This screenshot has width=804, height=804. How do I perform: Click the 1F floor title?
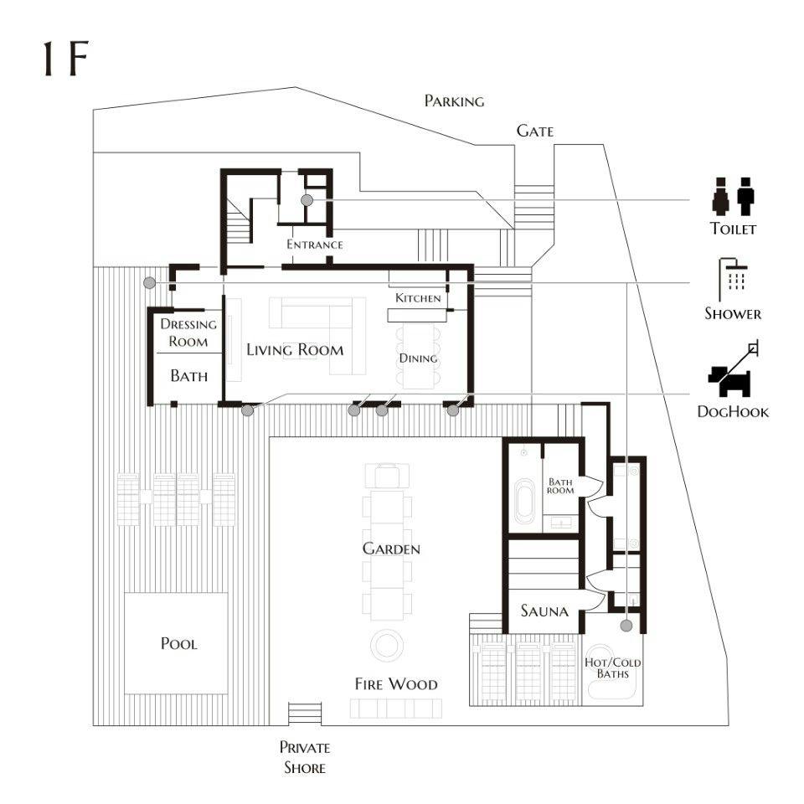click(65, 59)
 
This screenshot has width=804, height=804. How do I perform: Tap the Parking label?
click(454, 101)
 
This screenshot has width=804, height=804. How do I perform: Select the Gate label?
click(535, 131)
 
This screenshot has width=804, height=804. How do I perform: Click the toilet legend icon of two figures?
click(734, 196)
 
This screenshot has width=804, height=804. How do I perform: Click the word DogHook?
click(734, 412)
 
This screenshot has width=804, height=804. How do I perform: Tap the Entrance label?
click(315, 245)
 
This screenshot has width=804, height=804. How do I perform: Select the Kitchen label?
click(418, 298)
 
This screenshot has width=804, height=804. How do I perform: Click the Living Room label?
click(295, 350)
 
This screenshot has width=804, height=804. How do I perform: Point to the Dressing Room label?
click(188, 332)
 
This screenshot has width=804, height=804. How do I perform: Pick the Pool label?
click(179, 643)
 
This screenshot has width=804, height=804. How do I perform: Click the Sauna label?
click(544, 611)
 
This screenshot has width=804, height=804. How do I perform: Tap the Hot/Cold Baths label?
click(613, 668)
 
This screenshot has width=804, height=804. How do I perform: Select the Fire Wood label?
click(396, 684)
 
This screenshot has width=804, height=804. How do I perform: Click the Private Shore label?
click(305, 757)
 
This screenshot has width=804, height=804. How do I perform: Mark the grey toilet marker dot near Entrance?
click(307, 200)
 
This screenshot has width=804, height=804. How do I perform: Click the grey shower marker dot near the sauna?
click(626, 626)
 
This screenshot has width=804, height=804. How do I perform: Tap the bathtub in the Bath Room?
click(524, 501)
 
